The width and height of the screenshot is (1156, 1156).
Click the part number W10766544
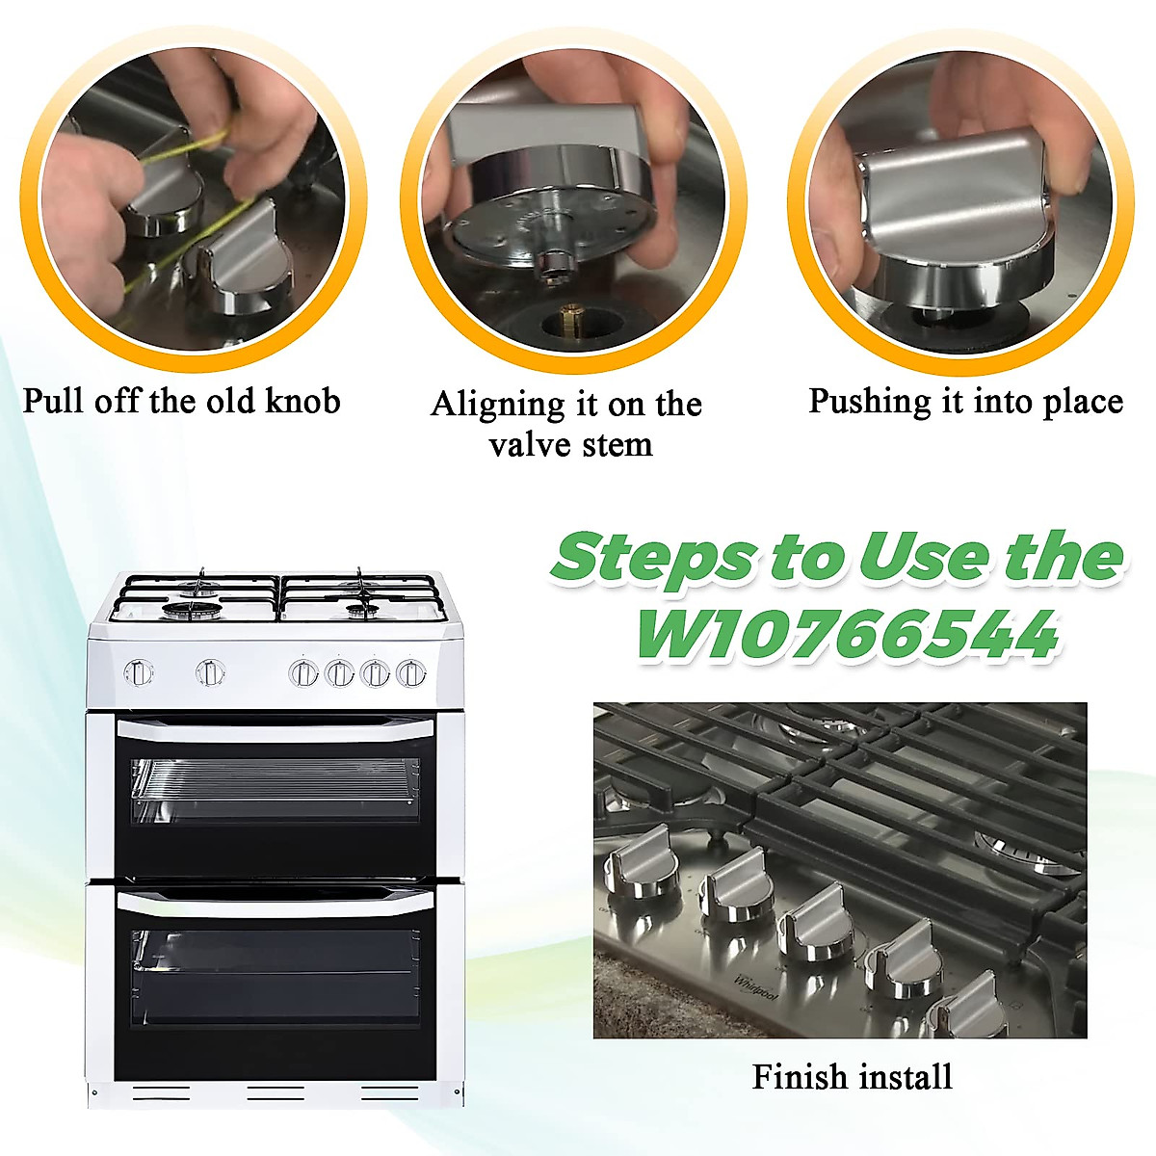[847, 635]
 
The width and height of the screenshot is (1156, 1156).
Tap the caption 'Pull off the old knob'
[181, 401]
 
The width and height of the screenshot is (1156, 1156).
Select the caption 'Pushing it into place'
[965, 401]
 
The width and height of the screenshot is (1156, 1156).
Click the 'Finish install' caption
[852, 1076]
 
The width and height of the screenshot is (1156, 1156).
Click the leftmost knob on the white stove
[139, 672]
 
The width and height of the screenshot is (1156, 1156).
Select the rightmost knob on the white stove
[411, 672]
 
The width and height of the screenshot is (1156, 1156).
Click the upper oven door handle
[275, 731]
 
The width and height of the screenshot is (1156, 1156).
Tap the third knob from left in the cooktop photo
[813, 925]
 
